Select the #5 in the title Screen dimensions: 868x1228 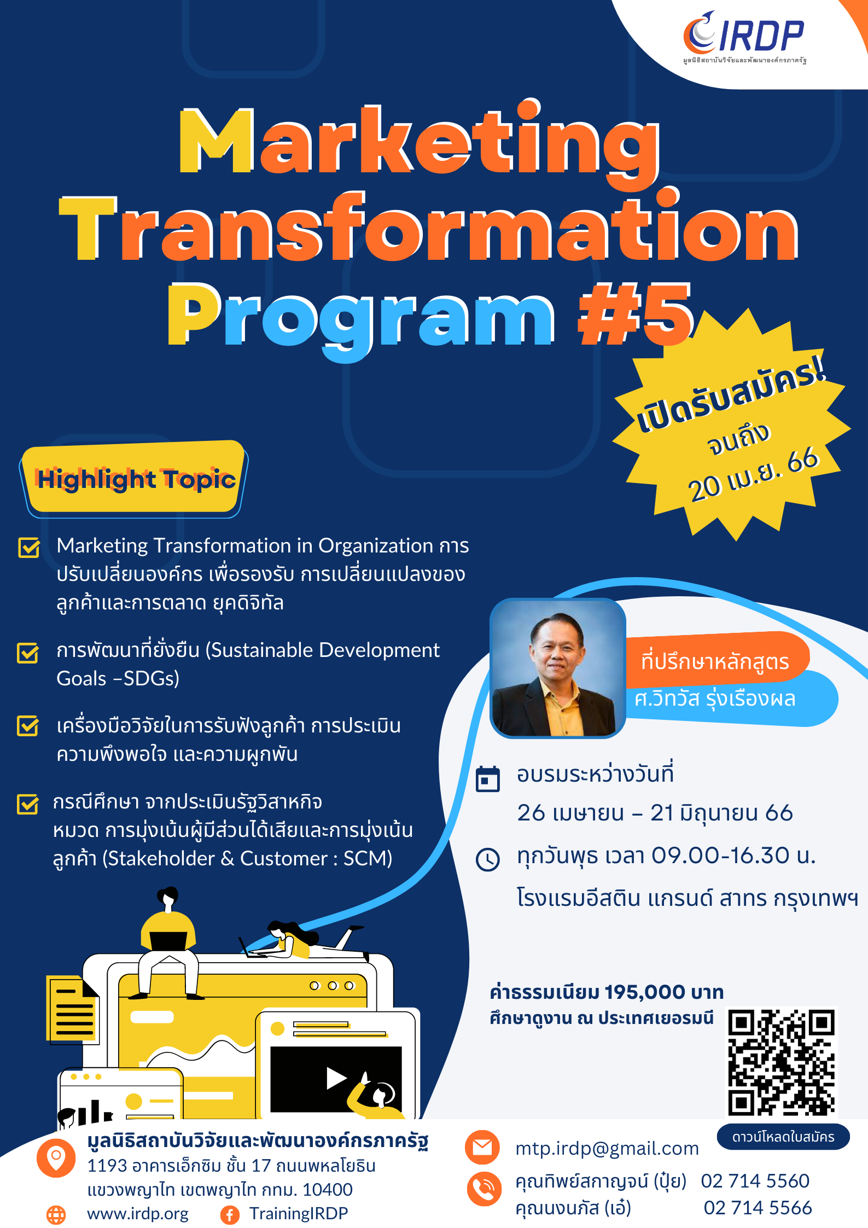click(x=635, y=315)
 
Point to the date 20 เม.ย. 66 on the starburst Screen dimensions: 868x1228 click(x=754, y=474)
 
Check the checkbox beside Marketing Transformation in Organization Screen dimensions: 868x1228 click(x=29, y=547)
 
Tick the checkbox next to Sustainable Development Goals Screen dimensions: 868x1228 click(x=28, y=653)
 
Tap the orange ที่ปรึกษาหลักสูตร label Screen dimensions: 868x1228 click(x=715, y=661)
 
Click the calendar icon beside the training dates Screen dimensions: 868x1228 click(x=488, y=779)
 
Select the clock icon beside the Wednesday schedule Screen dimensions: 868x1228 click(x=488, y=859)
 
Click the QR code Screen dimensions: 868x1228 click(x=782, y=1062)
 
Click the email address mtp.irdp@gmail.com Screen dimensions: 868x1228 click(x=607, y=1148)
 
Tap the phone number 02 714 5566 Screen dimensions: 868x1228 click(x=758, y=1207)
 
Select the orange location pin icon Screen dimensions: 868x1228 click(x=56, y=1158)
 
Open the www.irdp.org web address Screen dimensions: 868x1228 click(x=138, y=1214)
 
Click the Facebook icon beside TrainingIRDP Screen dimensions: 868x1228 click(x=230, y=1215)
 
